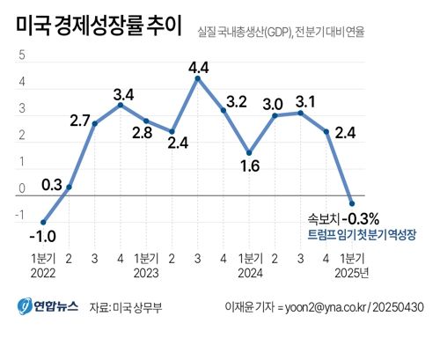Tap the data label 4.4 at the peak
tap(198, 65)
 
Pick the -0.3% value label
tap(361, 218)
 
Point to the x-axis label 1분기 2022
tap(44, 265)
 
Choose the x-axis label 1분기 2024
tap(250, 265)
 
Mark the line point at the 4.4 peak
tap(197, 78)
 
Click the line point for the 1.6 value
tap(249, 152)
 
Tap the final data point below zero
tap(352, 202)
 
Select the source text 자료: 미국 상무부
tap(132, 307)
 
